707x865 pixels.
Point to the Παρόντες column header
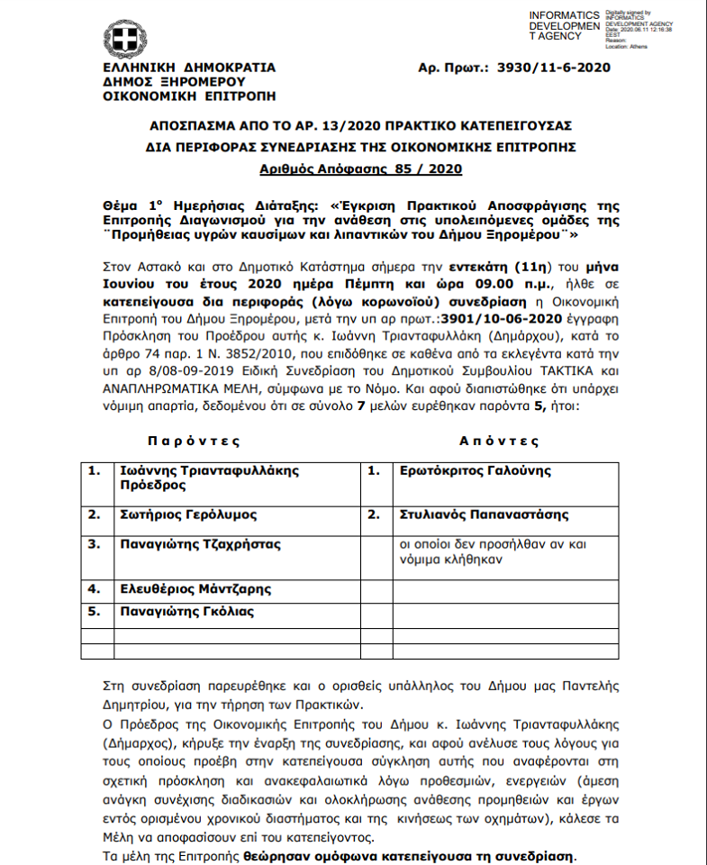pyautogui.click(x=195, y=442)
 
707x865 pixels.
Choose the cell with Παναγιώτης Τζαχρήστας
pyautogui.click(x=201, y=544)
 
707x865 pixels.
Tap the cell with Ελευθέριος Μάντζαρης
pyautogui.click(x=195, y=589)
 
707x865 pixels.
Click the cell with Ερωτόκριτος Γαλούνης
pyautogui.click(x=474, y=470)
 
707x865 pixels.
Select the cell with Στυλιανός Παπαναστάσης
pyautogui.click(x=483, y=514)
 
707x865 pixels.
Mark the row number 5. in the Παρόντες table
pyautogui.click(x=94, y=612)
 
